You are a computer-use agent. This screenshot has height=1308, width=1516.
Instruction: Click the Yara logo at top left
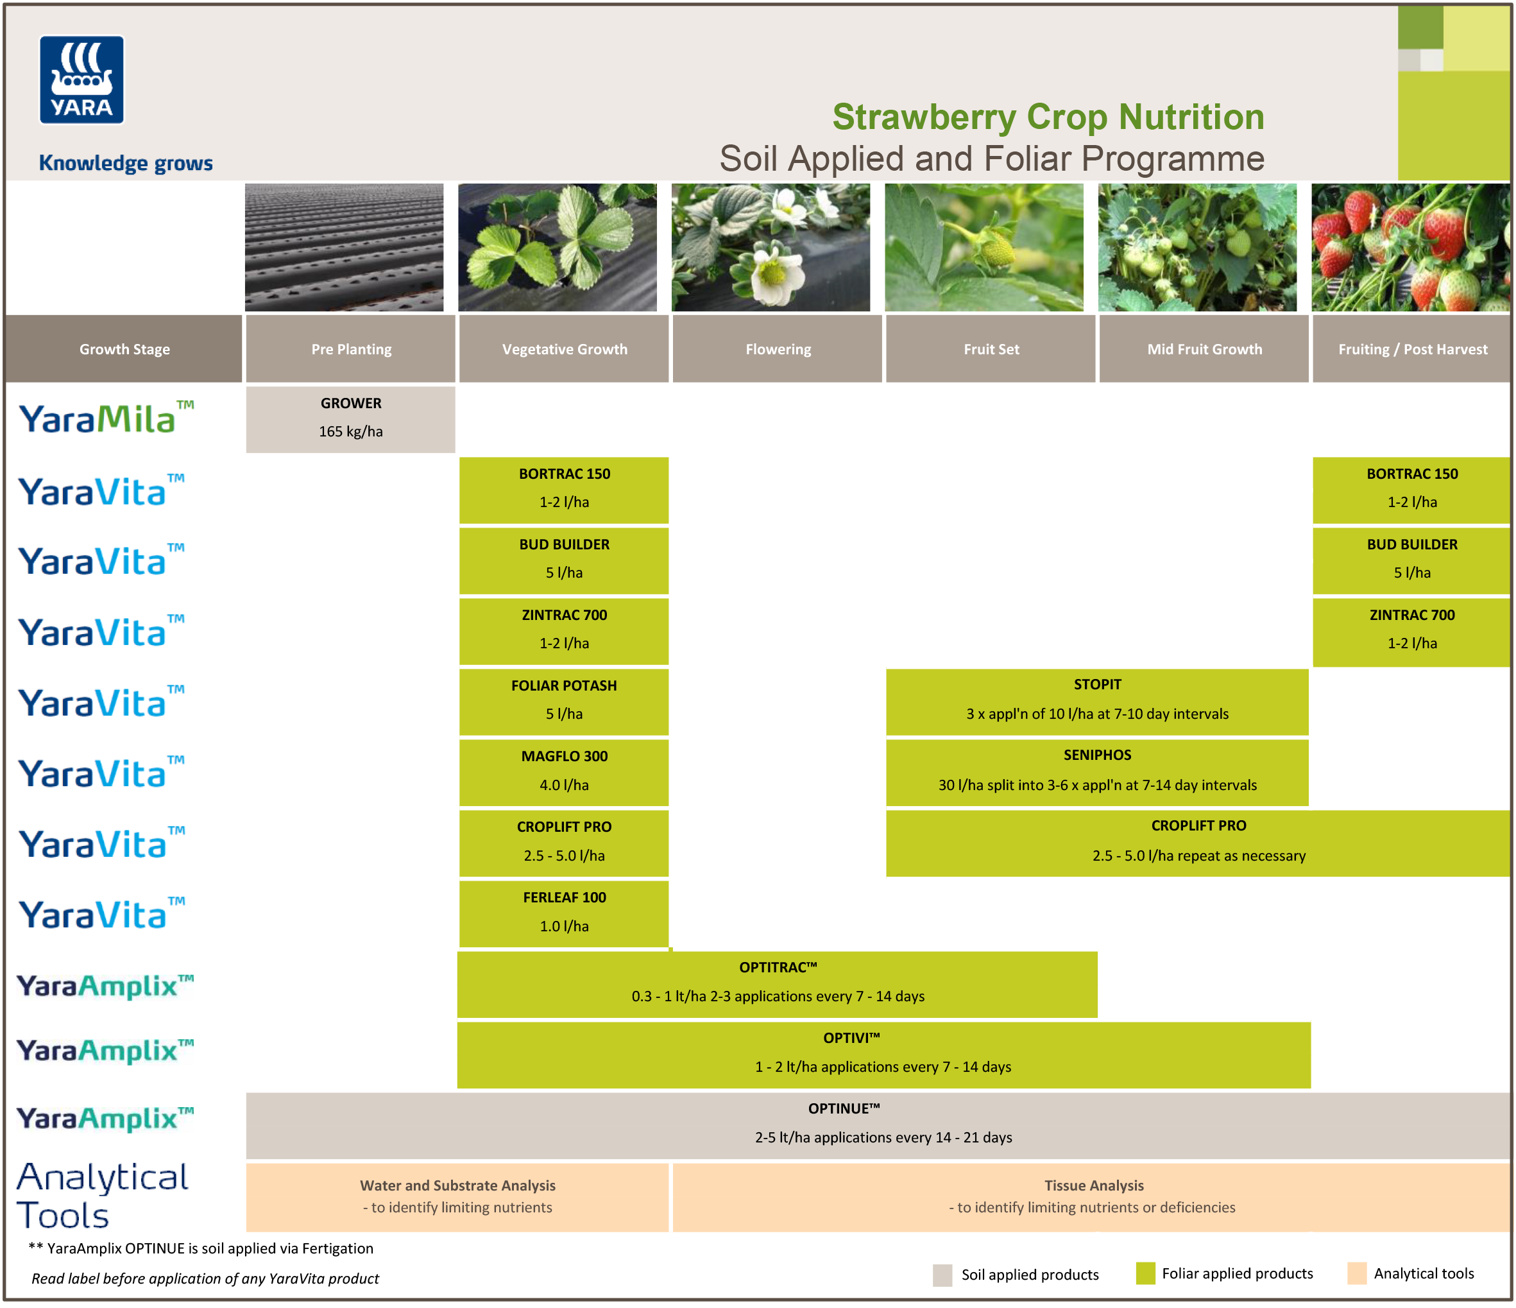coord(81,80)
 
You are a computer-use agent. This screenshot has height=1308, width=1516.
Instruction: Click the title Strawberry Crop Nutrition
coord(1048,117)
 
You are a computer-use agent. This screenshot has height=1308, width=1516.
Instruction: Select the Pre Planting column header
coord(350,349)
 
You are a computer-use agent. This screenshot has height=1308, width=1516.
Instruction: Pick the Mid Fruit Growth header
coord(1204,349)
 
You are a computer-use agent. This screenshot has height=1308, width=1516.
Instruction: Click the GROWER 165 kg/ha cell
coord(350,418)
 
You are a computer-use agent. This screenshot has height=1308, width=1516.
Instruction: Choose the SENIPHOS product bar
coord(1097,771)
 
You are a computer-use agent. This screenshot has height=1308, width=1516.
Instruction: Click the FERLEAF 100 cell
coord(563,912)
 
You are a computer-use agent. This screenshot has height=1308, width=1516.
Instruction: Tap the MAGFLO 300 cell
coord(563,771)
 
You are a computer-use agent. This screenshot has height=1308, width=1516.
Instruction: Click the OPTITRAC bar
coord(777,983)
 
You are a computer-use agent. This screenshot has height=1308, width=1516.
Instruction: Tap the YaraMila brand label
coord(106,418)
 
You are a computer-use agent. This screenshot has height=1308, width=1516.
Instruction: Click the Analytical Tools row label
coord(103,1194)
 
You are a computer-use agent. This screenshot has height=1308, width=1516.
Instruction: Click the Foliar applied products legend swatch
coord(1145,1273)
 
